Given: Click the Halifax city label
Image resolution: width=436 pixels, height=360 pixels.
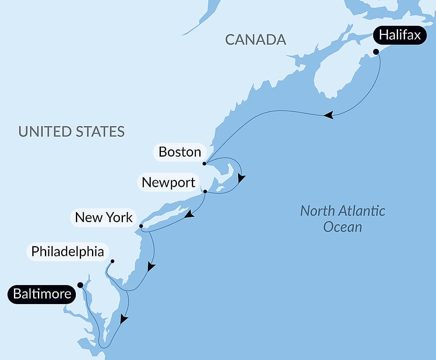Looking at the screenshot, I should click(400, 35).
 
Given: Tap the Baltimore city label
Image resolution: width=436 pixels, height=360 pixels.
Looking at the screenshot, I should click(42, 294).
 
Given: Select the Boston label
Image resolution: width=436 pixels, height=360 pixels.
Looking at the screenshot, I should click(180, 152).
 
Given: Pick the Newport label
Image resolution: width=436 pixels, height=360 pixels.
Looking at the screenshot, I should click(168, 182).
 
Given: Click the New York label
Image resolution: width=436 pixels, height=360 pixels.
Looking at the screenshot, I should click(104, 217).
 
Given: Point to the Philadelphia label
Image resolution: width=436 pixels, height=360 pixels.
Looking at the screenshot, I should click(68, 251).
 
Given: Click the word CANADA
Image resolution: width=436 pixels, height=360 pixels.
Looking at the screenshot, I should click(255, 40).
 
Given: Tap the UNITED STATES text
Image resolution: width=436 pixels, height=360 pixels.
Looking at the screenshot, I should click(72, 131).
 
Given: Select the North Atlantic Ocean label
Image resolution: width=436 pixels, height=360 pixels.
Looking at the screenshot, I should click(343, 219).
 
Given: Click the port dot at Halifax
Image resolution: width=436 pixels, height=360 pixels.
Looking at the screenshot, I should click(376, 51).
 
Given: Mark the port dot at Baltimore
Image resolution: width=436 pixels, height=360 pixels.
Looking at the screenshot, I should click(80, 285).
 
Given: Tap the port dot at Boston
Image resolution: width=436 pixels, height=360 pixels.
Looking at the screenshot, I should click(204, 164).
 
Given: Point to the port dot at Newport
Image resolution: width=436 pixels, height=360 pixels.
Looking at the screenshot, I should click(205, 191).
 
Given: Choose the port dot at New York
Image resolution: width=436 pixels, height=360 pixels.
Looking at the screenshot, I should click(141, 226).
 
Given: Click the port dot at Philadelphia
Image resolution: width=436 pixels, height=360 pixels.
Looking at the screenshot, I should click(112, 261).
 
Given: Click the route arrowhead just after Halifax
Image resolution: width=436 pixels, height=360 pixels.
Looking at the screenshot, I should click(328, 115).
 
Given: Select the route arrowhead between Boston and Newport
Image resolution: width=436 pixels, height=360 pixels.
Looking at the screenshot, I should click(241, 178).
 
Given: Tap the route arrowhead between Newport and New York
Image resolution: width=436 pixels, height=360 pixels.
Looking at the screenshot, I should click(189, 214).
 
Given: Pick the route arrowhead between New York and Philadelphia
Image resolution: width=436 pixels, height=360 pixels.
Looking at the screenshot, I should click(151, 266).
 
